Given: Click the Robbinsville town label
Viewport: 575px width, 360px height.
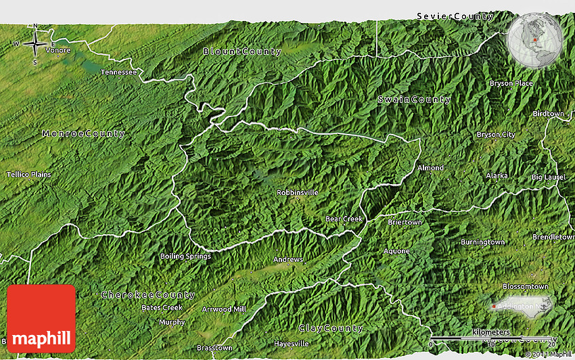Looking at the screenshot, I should (297, 193).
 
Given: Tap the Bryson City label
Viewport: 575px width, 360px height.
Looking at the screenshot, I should (495, 135).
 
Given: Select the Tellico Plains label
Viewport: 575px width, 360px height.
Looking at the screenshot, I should (29, 175).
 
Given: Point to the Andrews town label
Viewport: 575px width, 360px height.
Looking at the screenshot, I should (287, 260).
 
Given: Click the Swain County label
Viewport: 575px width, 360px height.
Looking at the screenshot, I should (414, 100).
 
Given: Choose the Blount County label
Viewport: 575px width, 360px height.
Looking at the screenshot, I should (242, 51).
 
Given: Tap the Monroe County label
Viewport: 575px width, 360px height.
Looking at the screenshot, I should (83, 134).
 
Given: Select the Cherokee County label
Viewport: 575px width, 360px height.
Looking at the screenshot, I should (147, 295).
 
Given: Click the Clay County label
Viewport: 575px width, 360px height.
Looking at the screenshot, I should (331, 328).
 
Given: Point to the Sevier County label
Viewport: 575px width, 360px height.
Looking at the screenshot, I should (455, 16).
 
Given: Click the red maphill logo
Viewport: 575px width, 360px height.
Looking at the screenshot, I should (41, 318).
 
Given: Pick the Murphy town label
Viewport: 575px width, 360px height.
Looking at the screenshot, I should (172, 322).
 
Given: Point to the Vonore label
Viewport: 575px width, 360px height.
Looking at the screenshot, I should (57, 50).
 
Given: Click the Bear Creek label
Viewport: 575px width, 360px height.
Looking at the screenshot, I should (344, 219).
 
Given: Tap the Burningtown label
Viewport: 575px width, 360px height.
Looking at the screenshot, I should (482, 242).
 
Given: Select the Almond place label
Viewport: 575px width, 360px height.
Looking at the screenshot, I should (430, 168).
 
